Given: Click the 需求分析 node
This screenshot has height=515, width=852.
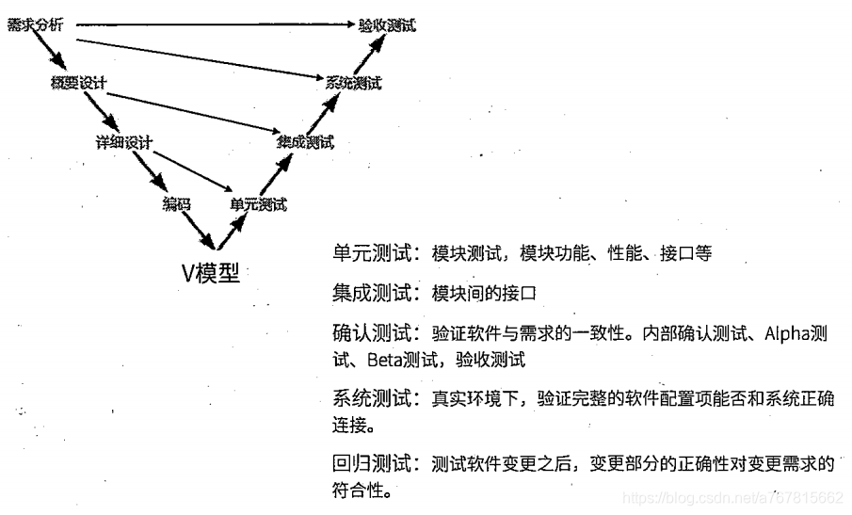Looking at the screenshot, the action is tap(34, 25).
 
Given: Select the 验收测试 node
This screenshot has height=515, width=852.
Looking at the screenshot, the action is tap(387, 25).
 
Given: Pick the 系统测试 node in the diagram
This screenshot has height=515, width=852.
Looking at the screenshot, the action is tap(353, 83).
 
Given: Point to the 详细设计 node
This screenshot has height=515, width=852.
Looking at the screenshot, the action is tap(123, 142).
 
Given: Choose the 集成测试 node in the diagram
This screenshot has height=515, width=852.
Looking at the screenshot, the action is tap(305, 143).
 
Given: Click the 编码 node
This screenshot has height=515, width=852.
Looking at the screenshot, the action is tap(176, 203).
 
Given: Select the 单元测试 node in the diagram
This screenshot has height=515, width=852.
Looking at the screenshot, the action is tap(258, 203).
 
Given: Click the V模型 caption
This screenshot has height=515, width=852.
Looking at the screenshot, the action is tap(211, 273).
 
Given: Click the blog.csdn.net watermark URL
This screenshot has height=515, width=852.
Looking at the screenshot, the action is tap(734, 497).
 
